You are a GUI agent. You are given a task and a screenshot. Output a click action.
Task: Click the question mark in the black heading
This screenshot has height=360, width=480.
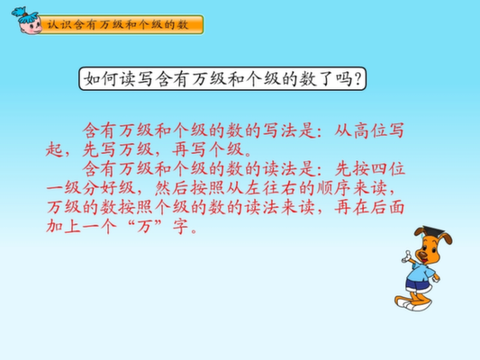[x=357, y=79]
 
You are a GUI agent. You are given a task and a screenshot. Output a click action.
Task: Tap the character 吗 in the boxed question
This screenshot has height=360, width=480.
[x=343, y=79]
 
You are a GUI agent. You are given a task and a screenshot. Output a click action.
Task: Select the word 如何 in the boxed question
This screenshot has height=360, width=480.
[x=101, y=79]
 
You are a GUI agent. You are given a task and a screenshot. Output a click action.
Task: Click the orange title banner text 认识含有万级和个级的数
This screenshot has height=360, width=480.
[x=117, y=24]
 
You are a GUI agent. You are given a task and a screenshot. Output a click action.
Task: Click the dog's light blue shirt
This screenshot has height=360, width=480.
[x=422, y=272]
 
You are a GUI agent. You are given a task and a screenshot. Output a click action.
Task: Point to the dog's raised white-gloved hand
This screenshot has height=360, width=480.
[x=407, y=257]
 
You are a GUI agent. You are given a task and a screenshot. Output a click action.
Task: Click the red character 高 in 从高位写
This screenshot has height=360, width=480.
[x=361, y=130]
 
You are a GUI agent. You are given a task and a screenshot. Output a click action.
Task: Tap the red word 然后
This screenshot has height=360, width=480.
[x=172, y=188]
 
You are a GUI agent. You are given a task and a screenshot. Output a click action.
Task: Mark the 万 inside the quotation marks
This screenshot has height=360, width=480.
[x=145, y=226]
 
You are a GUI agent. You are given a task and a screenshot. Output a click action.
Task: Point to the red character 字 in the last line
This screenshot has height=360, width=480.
[x=181, y=226]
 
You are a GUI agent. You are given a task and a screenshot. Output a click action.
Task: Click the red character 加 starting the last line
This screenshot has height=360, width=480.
[x=55, y=226]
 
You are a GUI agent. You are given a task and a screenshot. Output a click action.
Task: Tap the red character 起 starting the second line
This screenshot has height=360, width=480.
[x=55, y=150]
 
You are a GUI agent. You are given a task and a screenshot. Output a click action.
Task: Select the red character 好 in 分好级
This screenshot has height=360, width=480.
[x=109, y=188]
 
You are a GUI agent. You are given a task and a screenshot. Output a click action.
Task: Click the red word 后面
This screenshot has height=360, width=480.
[x=387, y=207]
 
